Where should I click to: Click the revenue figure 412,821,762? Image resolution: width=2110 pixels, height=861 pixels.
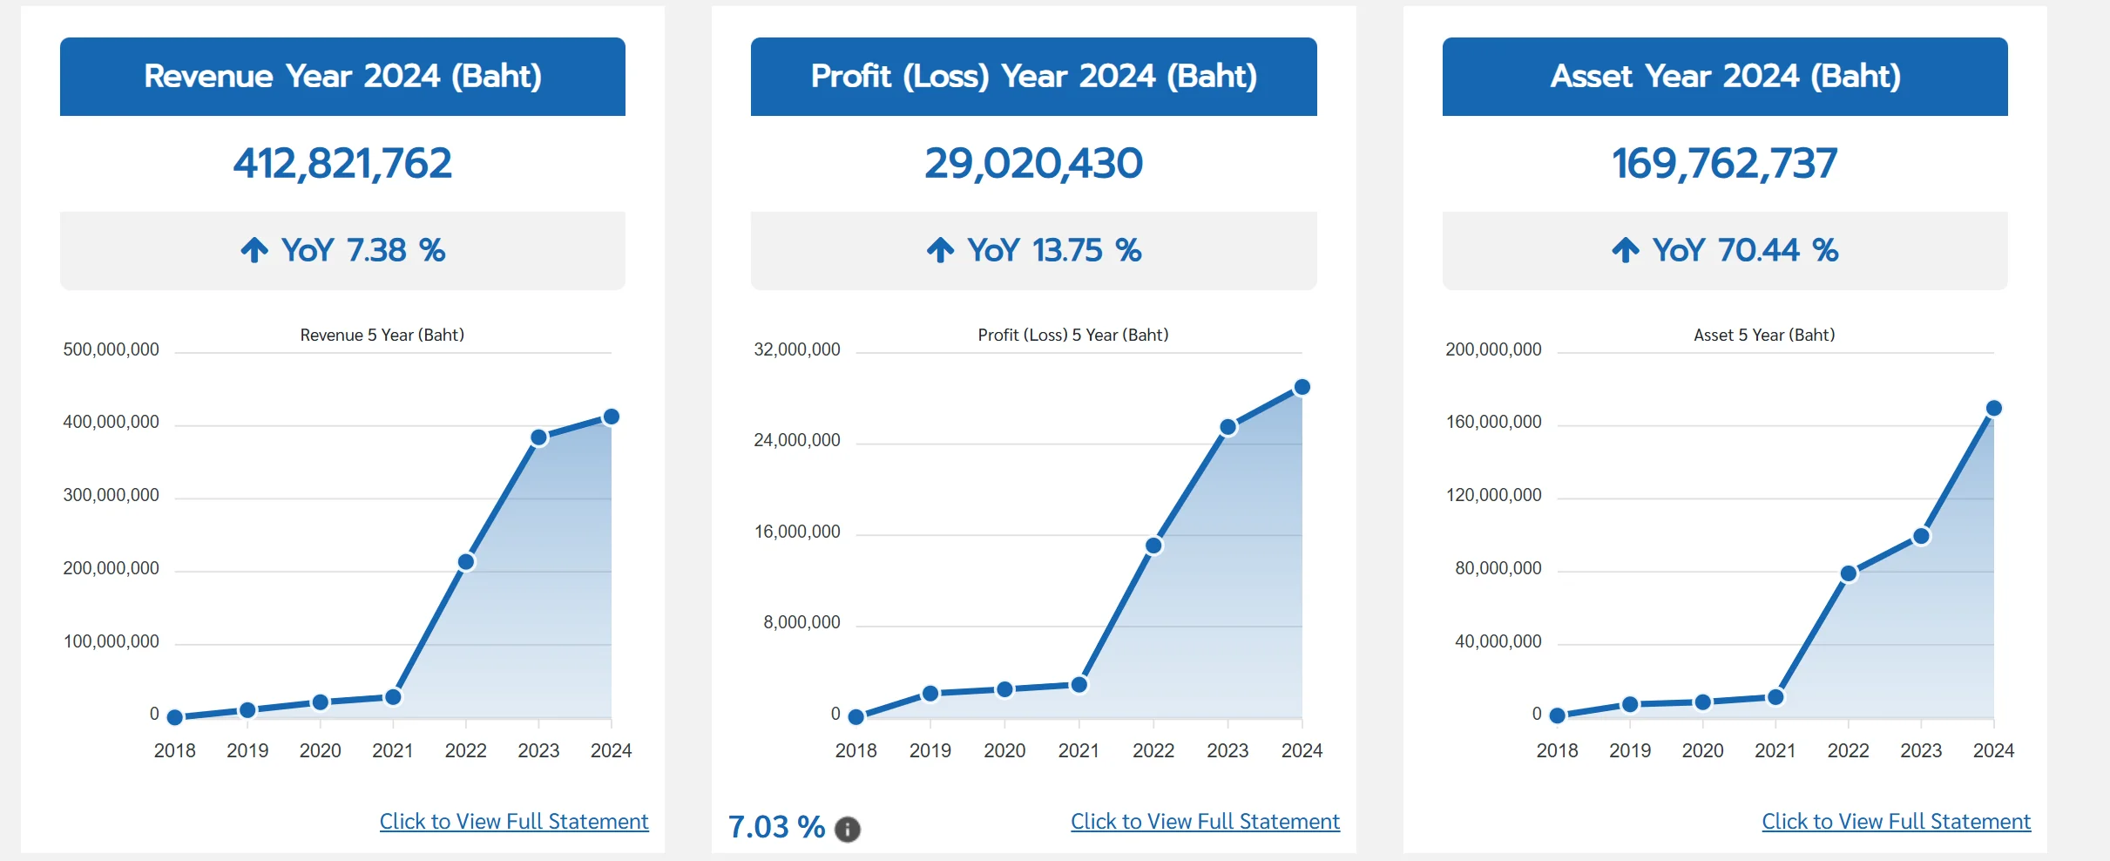pos(342,164)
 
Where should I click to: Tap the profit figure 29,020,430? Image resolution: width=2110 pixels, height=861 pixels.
pos(1033,164)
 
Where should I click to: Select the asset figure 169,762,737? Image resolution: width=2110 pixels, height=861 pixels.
pos(1724,164)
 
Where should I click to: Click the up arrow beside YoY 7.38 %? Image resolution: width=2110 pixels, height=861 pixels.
pos(254,250)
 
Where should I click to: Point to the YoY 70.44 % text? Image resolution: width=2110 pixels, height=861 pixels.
pos(1745,250)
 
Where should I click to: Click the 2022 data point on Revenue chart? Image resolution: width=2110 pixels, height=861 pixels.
pos(466,562)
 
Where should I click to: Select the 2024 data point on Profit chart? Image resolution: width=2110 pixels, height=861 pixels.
pos(1302,387)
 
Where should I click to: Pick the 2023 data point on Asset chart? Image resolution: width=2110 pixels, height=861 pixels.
pos(1921,536)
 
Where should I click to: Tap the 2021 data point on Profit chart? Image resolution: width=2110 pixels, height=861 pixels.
pos(1079,685)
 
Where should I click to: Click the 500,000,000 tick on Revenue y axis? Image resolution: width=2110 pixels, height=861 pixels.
pos(111,349)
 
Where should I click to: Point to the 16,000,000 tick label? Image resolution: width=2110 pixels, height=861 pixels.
pos(796,532)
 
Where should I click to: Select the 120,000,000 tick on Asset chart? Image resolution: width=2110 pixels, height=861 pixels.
pos(1493,495)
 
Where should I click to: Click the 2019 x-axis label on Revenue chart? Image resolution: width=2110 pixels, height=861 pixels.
pos(247,750)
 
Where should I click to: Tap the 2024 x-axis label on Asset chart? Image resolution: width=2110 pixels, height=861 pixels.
pos(1993,750)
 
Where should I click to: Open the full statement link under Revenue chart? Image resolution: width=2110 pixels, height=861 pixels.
pos(514,821)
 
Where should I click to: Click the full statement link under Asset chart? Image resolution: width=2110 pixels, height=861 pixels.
pos(1896,821)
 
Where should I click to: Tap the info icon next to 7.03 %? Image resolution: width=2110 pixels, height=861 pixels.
pos(847,829)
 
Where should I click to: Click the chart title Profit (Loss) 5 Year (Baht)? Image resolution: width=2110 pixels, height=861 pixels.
pos(1072,335)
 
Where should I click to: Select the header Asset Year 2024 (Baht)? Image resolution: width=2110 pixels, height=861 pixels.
pos(1725,77)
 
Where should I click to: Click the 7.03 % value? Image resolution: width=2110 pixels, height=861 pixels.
pos(776,826)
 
